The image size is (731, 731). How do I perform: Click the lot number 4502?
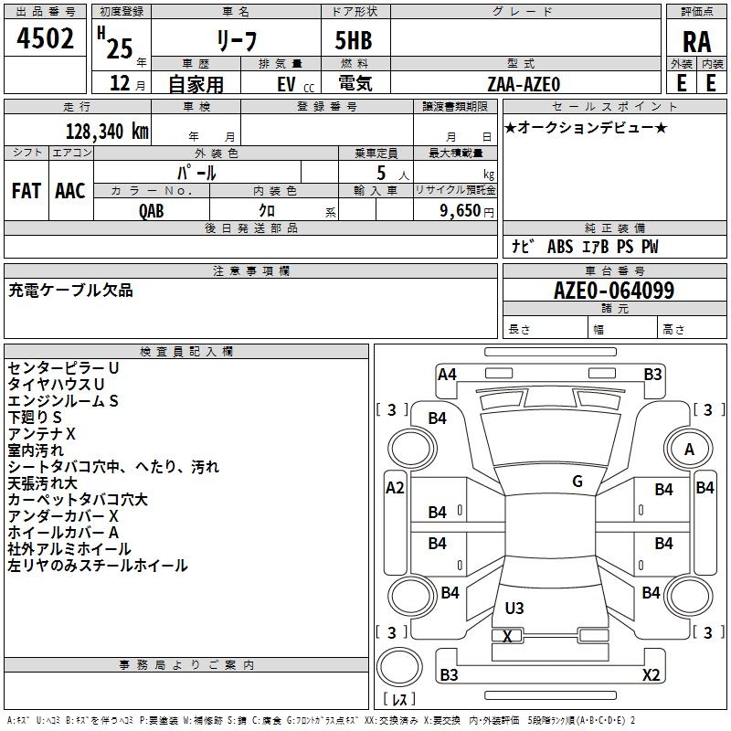point(45,38)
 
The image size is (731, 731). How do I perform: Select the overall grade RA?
point(696,42)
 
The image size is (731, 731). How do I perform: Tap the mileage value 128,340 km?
point(107,132)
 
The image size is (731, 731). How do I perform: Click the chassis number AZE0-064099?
point(614,291)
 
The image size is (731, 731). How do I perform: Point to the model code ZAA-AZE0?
point(524,84)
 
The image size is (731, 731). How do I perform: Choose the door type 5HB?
point(354,40)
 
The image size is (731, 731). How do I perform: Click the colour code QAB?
point(152,211)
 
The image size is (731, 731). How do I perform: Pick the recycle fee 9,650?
point(461,211)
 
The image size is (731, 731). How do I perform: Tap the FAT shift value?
point(26,191)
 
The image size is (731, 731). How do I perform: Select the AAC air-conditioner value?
point(70,191)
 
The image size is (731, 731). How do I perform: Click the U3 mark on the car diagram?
point(514,608)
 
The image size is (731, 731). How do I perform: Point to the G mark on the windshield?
point(577,482)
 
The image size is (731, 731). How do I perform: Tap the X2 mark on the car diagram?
point(651,674)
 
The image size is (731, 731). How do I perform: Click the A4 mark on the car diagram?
point(447,375)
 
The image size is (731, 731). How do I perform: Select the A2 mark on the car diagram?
point(395,488)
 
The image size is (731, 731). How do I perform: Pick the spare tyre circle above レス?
point(399,667)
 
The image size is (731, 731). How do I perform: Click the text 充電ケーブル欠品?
point(70,291)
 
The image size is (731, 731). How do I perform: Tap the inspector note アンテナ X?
point(41,434)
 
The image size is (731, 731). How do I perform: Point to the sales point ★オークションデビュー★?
point(586,128)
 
